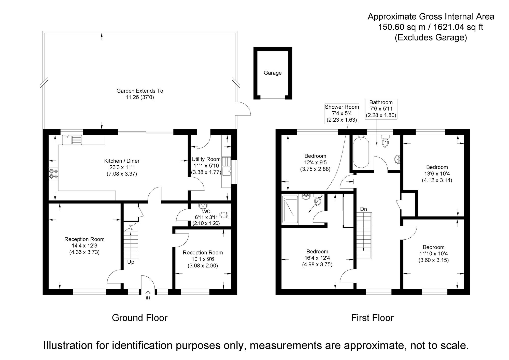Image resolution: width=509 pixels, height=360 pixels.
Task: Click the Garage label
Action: click(x=273, y=73)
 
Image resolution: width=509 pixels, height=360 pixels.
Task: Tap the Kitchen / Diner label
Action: click(x=122, y=161)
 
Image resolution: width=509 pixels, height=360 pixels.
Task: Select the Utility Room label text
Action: click(x=206, y=159)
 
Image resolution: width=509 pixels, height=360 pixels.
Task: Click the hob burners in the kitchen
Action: click(x=53, y=174)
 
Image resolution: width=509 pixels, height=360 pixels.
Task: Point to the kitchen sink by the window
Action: click(x=72, y=140)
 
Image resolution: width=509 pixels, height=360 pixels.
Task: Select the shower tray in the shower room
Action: click(x=290, y=209)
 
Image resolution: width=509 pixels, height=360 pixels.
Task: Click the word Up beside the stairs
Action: click(x=131, y=262)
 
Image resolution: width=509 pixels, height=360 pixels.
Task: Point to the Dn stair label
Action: click(x=363, y=209)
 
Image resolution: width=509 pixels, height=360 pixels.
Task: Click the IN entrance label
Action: click(x=148, y=298)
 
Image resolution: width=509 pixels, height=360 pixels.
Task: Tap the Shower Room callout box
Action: click(x=342, y=113)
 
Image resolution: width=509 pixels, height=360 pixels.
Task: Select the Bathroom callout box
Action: click(x=381, y=109)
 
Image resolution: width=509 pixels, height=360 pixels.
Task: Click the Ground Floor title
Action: click(x=139, y=318)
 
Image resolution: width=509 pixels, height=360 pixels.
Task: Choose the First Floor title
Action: click(x=372, y=318)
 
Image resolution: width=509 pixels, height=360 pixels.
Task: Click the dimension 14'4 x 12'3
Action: click(x=84, y=246)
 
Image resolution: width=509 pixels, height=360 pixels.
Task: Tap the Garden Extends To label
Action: click(x=140, y=91)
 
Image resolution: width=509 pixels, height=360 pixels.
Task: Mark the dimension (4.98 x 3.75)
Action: click(x=317, y=265)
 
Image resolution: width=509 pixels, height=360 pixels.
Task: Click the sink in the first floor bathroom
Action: click(x=398, y=159)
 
